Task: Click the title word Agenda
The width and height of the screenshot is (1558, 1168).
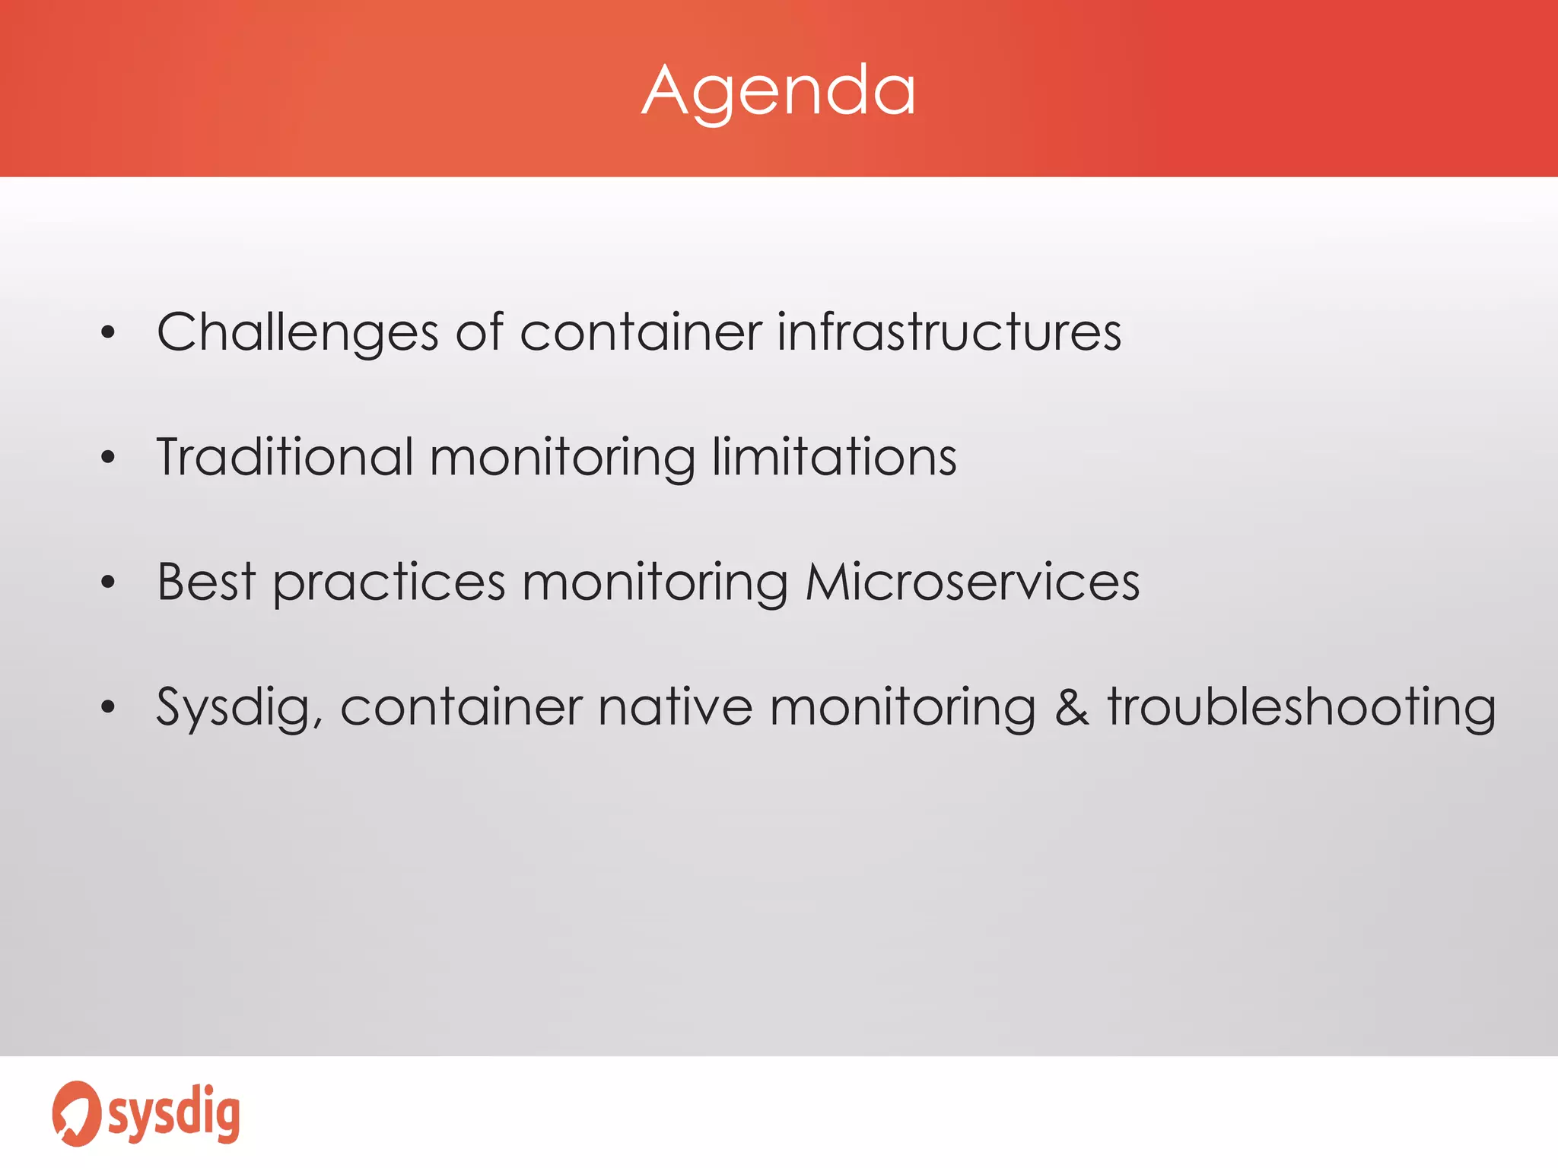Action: [x=779, y=91]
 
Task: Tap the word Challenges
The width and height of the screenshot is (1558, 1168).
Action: [x=297, y=333]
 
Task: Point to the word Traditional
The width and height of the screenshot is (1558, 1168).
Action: [x=285, y=457]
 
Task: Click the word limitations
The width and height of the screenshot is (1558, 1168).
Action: [x=835, y=457]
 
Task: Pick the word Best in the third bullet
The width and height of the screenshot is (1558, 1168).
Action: [x=206, y=582]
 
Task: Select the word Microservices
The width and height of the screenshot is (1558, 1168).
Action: [x=972, y=582]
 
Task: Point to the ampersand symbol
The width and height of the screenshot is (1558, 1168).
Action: [x=1072, y=707]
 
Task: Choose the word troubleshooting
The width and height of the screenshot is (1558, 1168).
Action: [x=1302, y=708]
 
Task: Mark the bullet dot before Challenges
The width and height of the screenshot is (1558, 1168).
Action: [x=108, y=332]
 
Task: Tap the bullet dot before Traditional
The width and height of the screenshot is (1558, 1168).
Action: [x=108, y=457]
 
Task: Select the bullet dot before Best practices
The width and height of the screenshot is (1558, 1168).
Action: [x=108, y=582]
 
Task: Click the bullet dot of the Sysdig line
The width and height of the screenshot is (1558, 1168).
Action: [x=108, y=707]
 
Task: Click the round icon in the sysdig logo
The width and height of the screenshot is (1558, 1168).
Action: [x=76, y=1113]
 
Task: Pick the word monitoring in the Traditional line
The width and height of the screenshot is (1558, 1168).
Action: [x=562, y=459]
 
